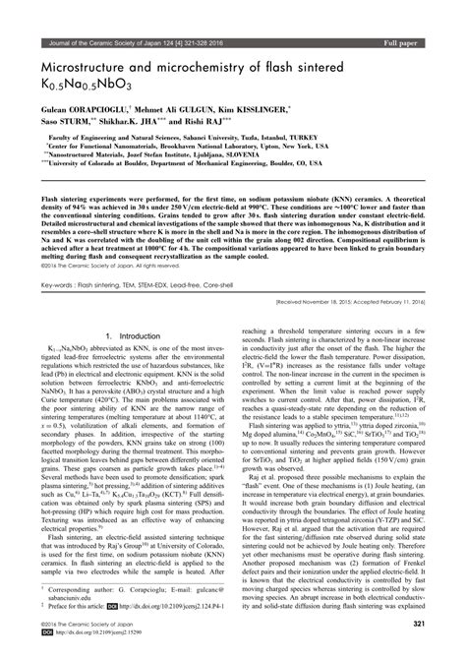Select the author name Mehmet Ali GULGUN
pyautogui.click(x=186, y=85)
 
